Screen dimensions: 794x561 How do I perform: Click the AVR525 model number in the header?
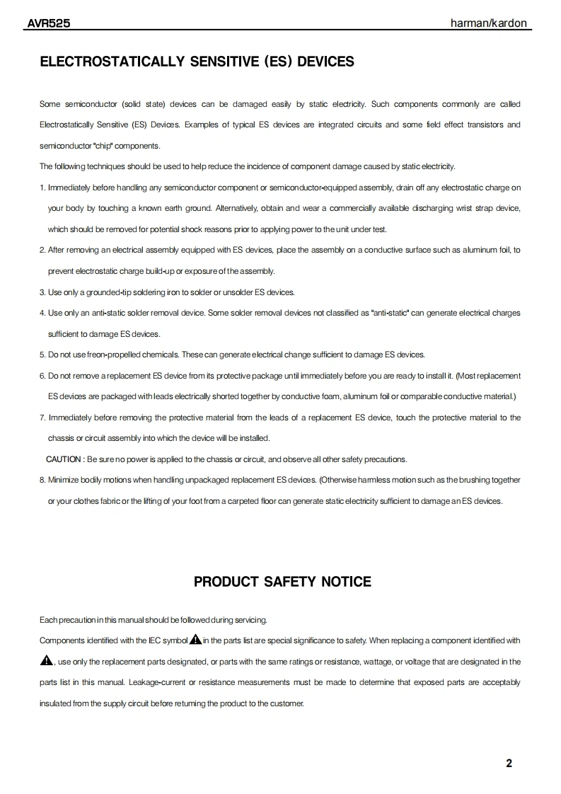48,23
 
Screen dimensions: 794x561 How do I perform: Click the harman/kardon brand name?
489,23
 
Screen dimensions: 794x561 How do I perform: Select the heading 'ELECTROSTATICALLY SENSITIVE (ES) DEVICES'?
197,62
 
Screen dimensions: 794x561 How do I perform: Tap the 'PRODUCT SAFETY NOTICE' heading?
282,582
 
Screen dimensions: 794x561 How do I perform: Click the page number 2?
509,763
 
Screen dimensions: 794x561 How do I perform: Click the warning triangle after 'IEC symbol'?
195,640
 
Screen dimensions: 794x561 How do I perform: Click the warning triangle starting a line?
47,662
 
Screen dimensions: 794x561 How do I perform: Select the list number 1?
42,188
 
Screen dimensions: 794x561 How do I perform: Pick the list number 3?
42,292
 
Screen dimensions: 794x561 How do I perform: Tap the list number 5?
42,355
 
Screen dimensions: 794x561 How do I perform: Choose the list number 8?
42,480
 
